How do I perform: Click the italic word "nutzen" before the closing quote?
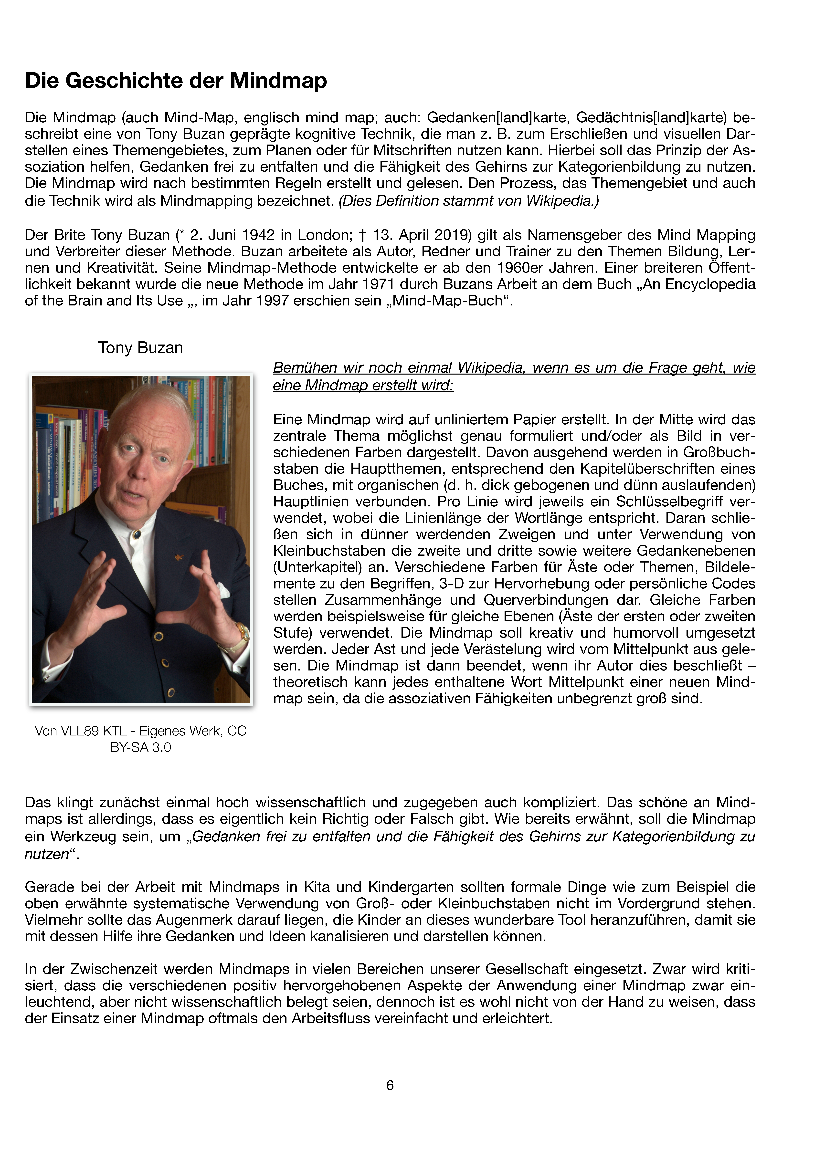[x=46, y=854]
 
